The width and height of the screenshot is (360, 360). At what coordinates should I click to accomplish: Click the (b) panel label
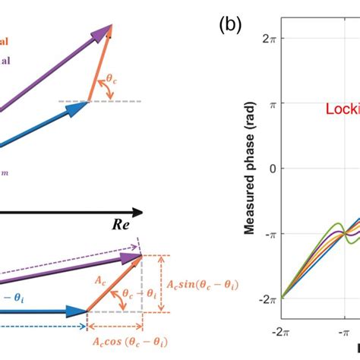(x=230, y=25)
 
